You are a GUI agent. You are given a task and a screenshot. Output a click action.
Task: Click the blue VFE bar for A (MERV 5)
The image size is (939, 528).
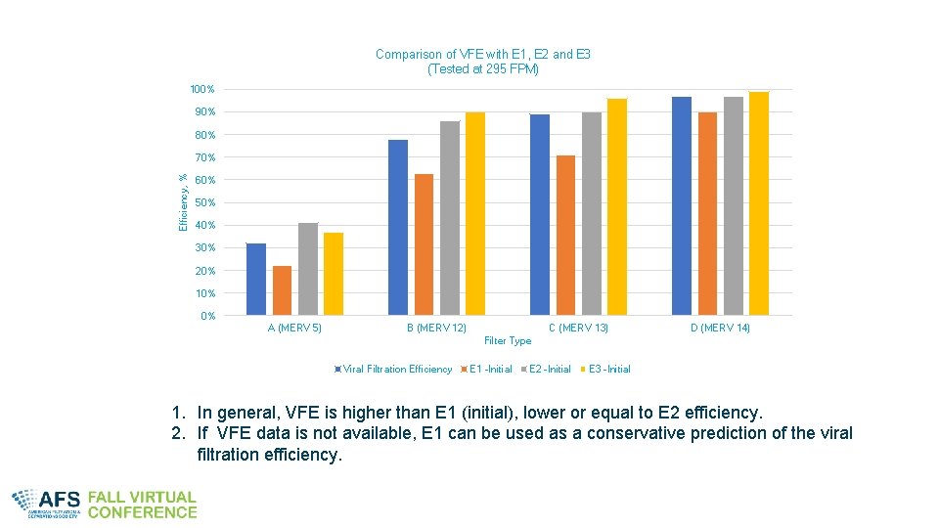coord(256,279)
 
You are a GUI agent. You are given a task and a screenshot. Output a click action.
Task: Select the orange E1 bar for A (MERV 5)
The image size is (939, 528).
coord(282,290)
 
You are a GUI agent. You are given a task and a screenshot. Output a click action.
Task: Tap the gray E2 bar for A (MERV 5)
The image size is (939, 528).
coord(308,269)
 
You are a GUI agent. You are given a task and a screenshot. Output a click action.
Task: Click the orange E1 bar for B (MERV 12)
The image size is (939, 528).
coord(424,244)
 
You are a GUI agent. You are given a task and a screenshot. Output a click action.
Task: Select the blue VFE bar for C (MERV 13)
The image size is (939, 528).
coord(540,214)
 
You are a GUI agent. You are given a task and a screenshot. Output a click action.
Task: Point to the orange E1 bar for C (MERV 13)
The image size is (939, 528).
coord(565,235)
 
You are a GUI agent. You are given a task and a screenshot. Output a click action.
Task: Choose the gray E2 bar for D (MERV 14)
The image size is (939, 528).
coord(734,205)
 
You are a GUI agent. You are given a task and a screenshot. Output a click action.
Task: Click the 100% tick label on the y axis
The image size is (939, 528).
coord(202,90)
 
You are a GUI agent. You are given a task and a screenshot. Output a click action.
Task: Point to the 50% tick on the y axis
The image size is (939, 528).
coord(204,203)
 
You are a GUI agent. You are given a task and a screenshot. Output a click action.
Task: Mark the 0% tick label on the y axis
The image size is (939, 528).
coord(207,316)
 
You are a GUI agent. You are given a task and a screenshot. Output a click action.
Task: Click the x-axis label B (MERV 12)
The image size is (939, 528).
coord(436,329)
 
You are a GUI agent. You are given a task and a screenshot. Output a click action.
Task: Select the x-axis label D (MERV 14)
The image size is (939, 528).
coord(720,329)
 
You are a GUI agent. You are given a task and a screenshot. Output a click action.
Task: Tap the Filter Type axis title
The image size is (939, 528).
coord(508,341)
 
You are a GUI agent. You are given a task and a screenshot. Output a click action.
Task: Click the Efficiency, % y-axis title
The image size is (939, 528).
coord(183,202)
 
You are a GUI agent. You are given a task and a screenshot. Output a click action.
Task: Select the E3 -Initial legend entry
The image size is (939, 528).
coord(608,370)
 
